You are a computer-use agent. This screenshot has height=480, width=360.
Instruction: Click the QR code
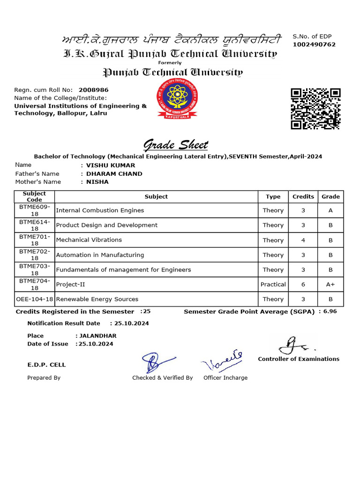pos(315,108)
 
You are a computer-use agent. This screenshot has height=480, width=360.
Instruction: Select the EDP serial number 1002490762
pos(314,45)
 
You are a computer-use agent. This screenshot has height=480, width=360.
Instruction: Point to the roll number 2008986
pos(93,90)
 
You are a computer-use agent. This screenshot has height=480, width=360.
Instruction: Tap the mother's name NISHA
pos(97,182)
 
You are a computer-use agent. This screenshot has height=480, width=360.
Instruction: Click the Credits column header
pos(303,196)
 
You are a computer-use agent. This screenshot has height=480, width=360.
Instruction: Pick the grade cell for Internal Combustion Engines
pos(330,210)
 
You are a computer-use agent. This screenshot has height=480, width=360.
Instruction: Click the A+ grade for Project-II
pos(330,285)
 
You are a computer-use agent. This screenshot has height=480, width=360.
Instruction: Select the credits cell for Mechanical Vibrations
pos(303,240)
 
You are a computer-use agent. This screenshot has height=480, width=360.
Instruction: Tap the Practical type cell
pos(273,285)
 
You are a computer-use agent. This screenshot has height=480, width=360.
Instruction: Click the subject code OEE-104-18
pos(35,299)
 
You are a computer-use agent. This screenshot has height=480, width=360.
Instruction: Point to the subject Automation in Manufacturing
pos(100,255)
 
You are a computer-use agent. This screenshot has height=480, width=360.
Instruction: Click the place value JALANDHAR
pos(98,336)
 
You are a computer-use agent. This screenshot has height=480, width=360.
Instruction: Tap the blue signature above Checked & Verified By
pos(152,362)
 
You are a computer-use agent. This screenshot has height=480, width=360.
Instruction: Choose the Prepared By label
pos(44,378)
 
